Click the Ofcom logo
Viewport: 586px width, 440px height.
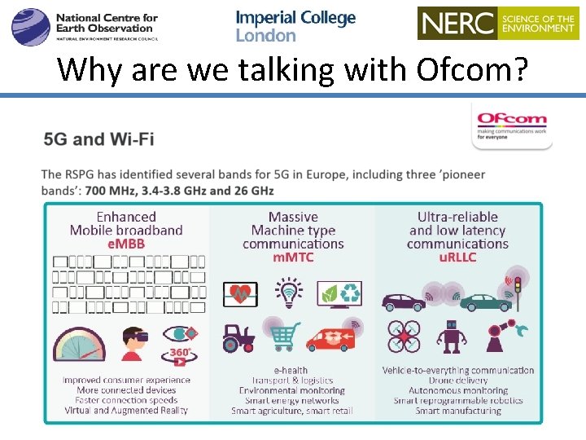click(511, 125)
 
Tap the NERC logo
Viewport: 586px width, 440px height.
click(497, 23)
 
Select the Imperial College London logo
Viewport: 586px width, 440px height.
click(295, 25)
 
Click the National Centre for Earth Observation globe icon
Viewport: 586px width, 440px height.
click(30, 25)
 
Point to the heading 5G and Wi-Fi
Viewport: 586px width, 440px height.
click(98, 139)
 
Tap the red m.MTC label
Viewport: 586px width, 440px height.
click(293, 257)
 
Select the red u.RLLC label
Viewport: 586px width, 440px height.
click(457, 257)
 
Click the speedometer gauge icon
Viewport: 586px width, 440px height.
click(80, 345)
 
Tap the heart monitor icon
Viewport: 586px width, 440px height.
click(241, 294)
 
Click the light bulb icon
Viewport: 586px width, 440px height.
click(287, 291)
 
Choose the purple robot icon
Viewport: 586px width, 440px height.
click(449, 336)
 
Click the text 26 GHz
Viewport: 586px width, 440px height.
click(251, 191)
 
